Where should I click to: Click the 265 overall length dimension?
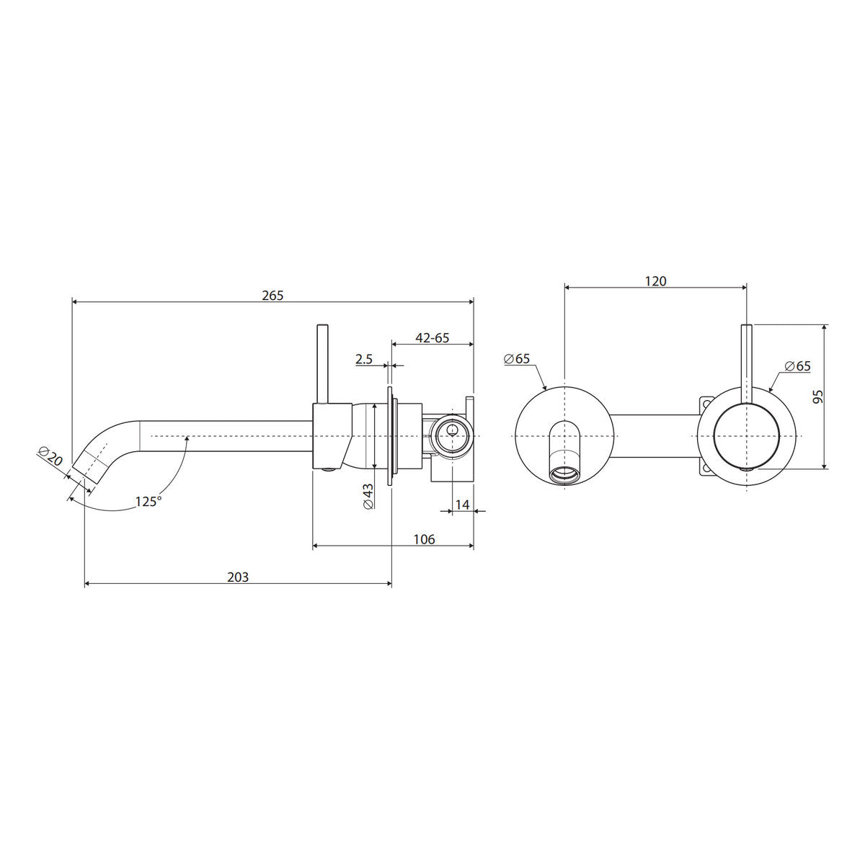(x=273, y=295)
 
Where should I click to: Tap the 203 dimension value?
(x=237, y=577)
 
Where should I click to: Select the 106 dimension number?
(x=424, y=538)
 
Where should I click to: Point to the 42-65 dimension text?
(x=432, y=337)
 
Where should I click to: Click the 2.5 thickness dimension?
(x=364, y=359)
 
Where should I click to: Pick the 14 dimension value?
(x=462, y=505)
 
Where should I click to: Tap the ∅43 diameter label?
(x=368, y=496)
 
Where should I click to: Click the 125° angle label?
(x=148, y=501)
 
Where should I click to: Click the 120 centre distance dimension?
(x=655, y=281)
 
